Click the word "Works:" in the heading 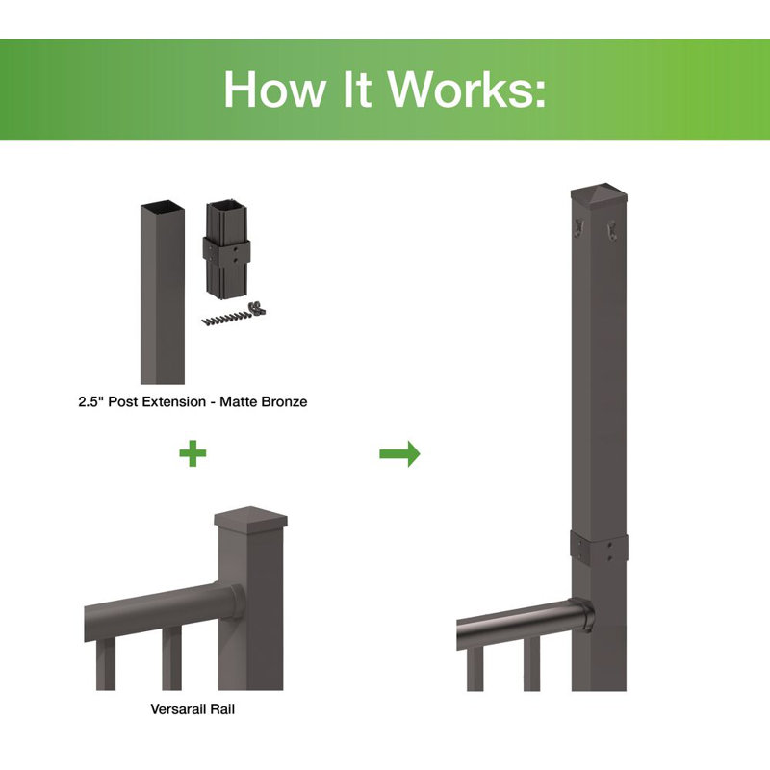pos(467,90)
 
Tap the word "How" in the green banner pos(274,90)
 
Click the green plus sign pos(192,453)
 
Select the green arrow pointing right pos(399,453)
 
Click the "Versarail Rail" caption pos(192,709)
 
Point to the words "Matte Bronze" pos(263,401)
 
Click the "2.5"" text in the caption pos(90,401)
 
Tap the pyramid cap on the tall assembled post pos(599,195)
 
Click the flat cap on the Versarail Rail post pos(250,519)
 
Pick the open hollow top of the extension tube pos(163,206)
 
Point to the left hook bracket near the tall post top pos(579,228)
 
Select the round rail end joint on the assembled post pos(583,615)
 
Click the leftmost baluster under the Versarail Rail pos(106,664)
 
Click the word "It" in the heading pos(355,90)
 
